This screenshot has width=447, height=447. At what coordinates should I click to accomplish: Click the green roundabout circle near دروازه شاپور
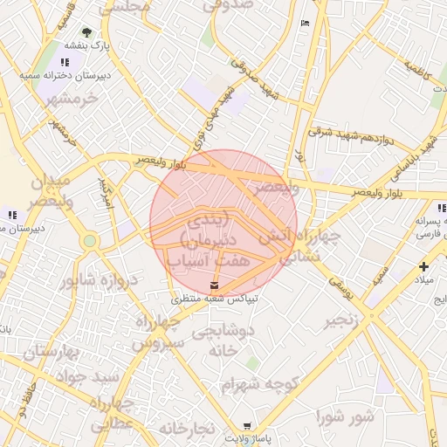coord(89,239)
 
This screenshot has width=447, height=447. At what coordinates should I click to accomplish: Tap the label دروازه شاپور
coord(100,280)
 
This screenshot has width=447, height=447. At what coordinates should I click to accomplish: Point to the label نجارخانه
coord(186,429)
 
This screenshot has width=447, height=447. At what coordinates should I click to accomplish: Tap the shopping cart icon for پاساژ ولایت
coord(247,424)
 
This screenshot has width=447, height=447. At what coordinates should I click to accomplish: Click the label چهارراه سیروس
coord(158,333)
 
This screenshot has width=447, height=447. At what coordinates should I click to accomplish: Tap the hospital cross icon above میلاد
coord(423,266)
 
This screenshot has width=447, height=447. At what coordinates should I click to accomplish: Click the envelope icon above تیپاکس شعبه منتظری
coord(215,286)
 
